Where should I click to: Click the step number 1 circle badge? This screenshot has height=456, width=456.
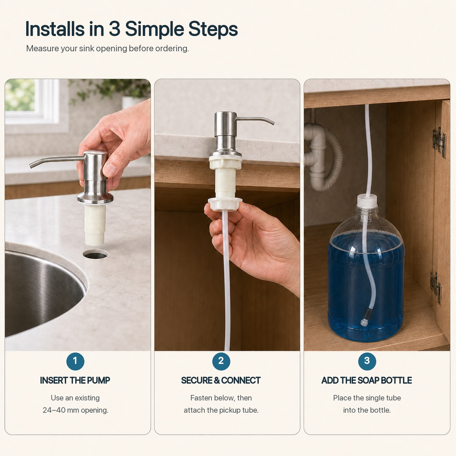click(75, 361)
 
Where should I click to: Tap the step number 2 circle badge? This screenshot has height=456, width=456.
click(221, 361)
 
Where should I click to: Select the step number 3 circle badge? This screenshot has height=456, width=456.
click(367, 361)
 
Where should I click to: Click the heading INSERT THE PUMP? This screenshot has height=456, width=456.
click(75, 380)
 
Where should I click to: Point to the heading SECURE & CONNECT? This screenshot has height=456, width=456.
click(221, 380)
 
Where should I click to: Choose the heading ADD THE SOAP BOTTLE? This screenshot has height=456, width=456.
click(367, 380)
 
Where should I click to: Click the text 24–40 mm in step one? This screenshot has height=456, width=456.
click(60, 410)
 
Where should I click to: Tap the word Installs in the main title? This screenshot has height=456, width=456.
click(55, 29)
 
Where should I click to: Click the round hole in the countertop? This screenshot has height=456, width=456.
click(96, 255)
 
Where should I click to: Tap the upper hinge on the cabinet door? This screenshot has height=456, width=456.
click(439, 142)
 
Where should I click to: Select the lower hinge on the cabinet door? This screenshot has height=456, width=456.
click(436, 288)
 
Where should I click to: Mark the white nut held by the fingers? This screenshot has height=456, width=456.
click(225, 204)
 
